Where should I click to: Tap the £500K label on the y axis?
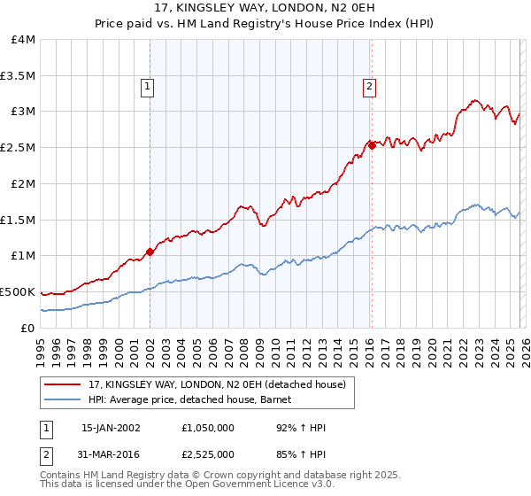18,291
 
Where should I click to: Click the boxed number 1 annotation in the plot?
147,87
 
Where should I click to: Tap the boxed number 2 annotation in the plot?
368,87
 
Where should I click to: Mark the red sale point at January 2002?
150,252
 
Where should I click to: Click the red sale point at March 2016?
372,146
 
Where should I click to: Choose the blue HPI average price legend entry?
194,399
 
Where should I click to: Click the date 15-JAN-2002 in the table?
111,428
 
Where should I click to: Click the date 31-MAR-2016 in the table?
111,453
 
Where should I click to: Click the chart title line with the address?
265,9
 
